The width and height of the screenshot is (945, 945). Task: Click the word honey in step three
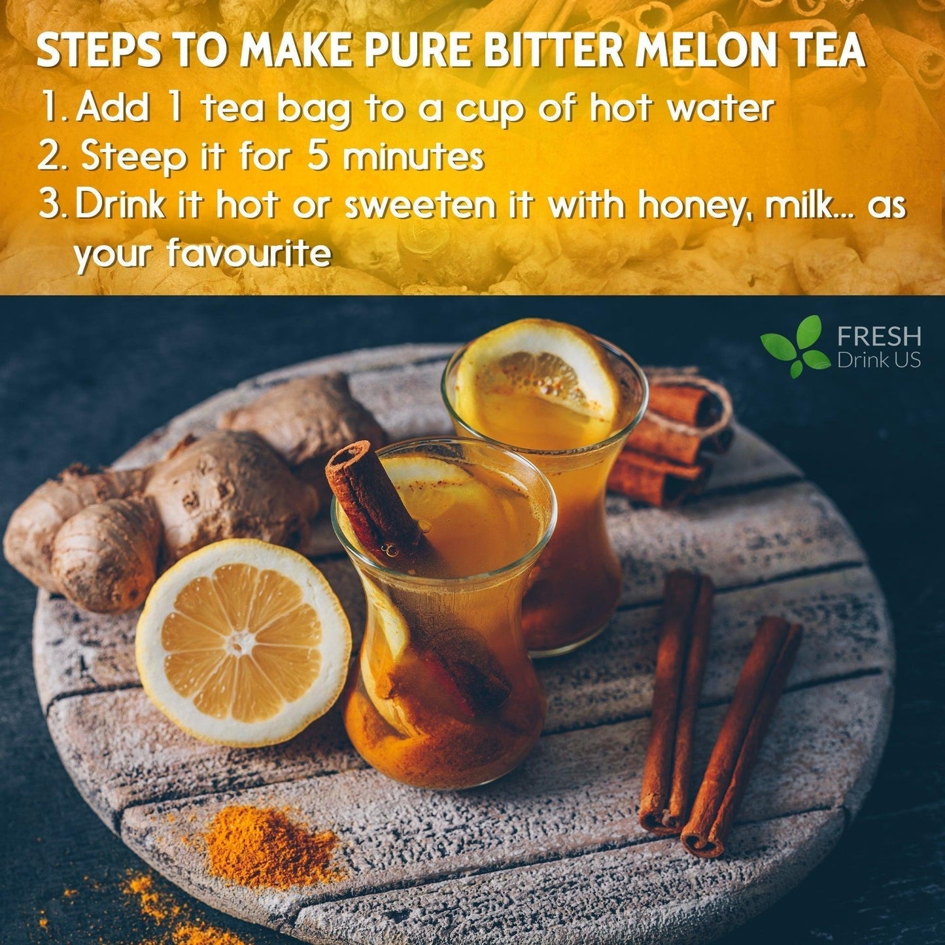[x=689, y=207]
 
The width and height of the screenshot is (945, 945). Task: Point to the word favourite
[x=249, y=254]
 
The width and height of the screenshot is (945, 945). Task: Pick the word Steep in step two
[x=133, y=159]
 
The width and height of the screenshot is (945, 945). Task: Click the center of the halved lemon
[x=239, y=644]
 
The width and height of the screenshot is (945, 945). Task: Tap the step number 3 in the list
[x=52, y=207]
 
